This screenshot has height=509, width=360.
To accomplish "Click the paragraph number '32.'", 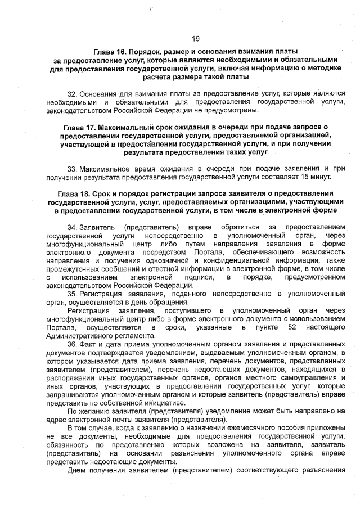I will (72, 92).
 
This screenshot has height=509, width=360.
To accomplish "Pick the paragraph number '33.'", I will (72, 168).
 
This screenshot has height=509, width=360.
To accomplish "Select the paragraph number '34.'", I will (73, 227).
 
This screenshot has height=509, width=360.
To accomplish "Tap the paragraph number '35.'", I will (73, 294).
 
